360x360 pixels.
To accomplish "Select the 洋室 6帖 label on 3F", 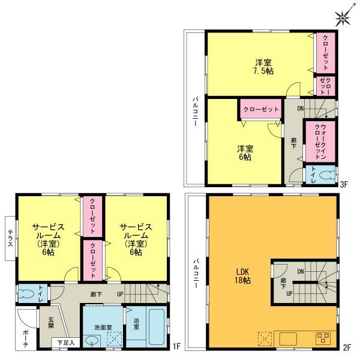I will point(244,152).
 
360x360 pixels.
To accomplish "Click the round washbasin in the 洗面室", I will point(91,341).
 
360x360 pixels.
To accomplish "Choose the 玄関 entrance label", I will point(51,323).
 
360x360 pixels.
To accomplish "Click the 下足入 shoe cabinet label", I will point(65,343).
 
